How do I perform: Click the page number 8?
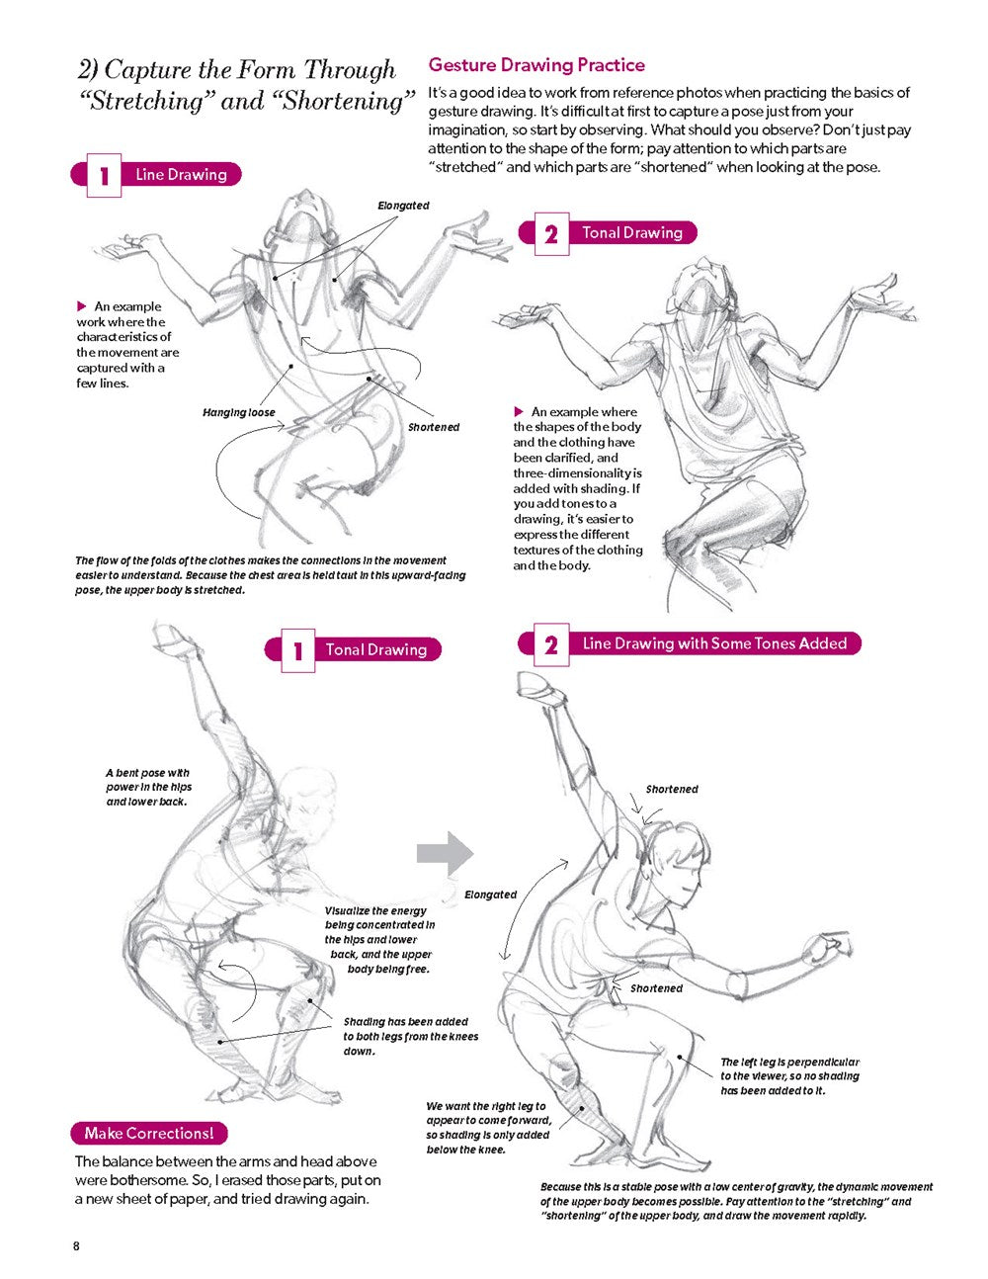click(x=76, y=1246)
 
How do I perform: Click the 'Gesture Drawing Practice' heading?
click(x=536, y=65)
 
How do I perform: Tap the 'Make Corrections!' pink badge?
click(x=149, y=1133)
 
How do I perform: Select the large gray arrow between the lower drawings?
click(x=445, y=853)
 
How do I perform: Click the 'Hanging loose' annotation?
click(x=239, y=412)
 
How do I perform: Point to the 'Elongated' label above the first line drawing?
click(x=403, y=206)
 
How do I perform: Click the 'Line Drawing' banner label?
click(x=181, y=174)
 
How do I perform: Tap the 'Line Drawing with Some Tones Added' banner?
click(x=714, y=643)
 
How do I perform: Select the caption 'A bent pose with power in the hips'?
click(x=149, y=780)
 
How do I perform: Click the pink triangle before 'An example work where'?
click(x=82, y=306)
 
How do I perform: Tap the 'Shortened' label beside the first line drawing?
click(x=434, y=427)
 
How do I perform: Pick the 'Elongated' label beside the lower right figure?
click(x=490, y=895)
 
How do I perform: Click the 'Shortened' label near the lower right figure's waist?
click(x=656, y=988)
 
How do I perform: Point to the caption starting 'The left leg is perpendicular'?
click(x=789, y=1076)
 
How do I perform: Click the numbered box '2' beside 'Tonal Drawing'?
click(x=551, y=234)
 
